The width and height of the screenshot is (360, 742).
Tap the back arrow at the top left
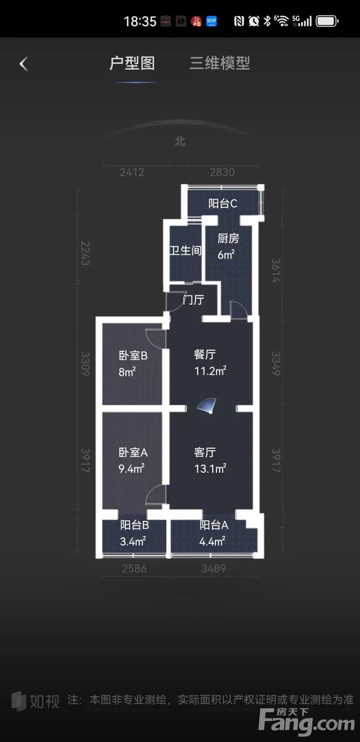(24, 64)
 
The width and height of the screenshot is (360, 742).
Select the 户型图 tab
(132, 63)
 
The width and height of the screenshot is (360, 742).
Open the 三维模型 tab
(220, 63)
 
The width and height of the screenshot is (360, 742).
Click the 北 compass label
(180, 142)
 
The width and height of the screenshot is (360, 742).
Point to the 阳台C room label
(223, 203)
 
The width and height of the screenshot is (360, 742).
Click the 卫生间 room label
(185, 251)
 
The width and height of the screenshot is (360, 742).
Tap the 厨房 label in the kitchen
(228, 239)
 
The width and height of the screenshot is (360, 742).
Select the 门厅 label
(193, 300)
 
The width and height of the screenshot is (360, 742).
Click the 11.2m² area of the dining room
(210, 371)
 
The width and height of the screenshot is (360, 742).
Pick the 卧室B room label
(133, 356)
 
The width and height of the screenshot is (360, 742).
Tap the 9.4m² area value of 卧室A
(131, 469)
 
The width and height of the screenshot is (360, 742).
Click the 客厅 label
(205, 452)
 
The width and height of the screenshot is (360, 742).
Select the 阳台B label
(134, 525)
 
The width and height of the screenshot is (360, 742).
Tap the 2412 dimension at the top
(132, 172)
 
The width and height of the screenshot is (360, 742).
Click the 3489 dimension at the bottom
(213, 569)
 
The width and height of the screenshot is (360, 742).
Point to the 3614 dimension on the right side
(276, 270)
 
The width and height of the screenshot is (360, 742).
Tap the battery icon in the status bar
(327, 21)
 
